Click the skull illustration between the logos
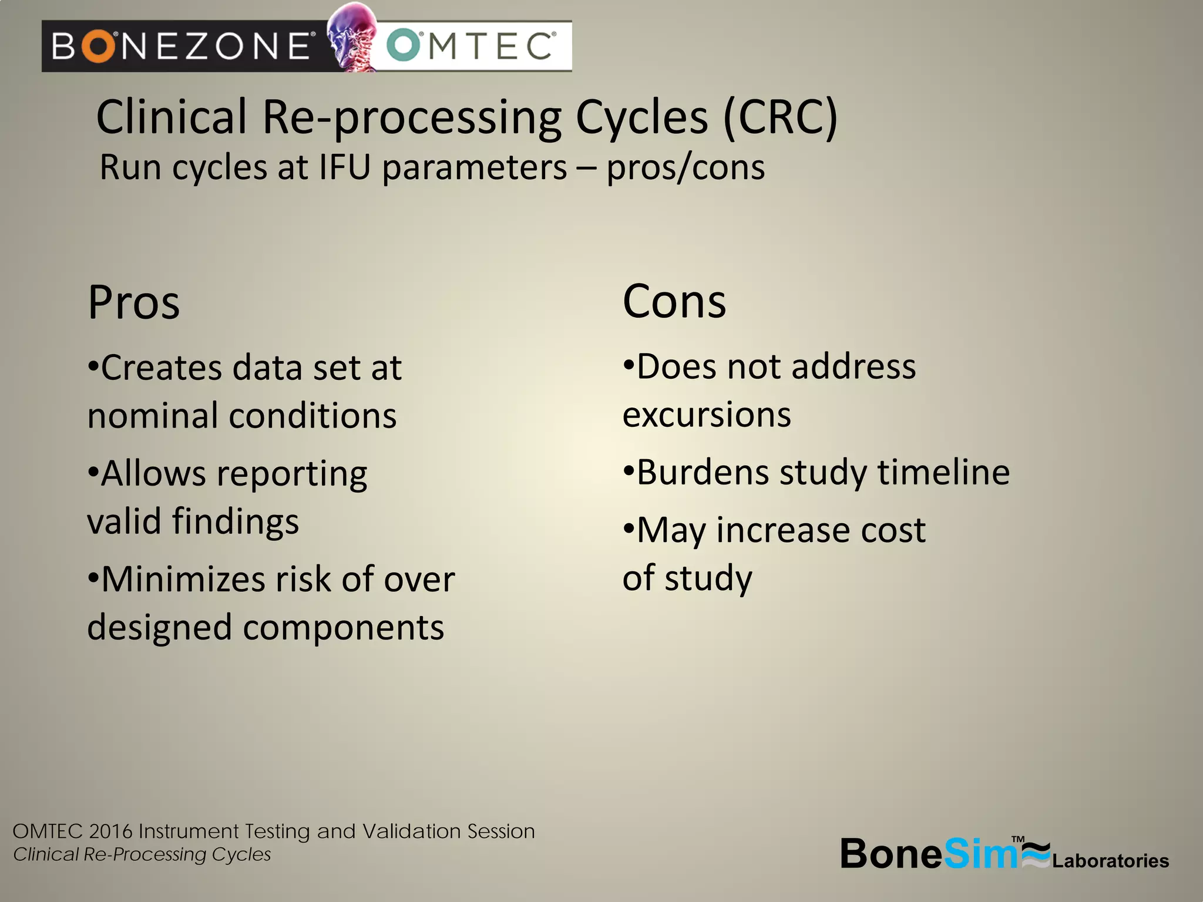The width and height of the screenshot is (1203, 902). (x=352, y=36)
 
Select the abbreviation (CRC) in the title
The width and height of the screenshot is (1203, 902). (x=780, y=117)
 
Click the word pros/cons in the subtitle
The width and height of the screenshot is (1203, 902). (x=685, y=167)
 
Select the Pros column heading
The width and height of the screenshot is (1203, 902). (x=134, y=303)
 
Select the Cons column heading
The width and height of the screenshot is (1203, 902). (x=674, y=302)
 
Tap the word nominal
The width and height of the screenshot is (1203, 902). (x=152, y=416)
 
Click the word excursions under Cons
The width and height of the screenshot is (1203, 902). (x=707, y=415)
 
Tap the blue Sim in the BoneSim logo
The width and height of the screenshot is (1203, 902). (x=980, y=854)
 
